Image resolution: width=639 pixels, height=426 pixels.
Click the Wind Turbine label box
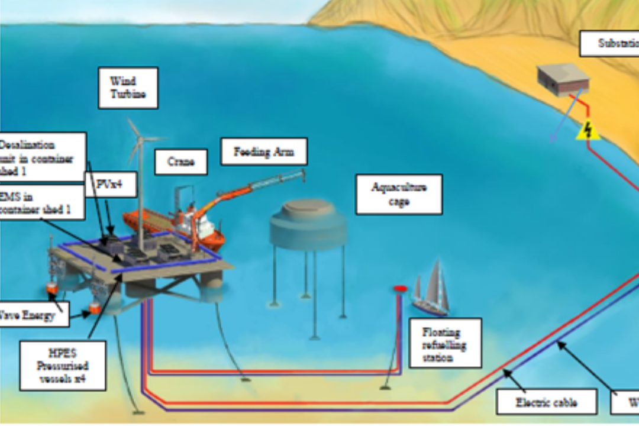[x=128, y=88]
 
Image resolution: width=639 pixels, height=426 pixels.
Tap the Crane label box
[x=181, y=162]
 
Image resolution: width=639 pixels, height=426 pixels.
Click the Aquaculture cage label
[x=398, y=194]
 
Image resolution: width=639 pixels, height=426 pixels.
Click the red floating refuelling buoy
[x=401, y=288]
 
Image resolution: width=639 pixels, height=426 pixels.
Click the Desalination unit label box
[x=41, y=157]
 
